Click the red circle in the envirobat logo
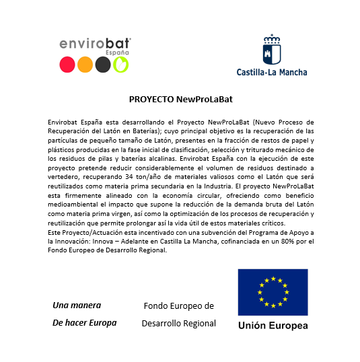pyautogui.click(x=67, y=65)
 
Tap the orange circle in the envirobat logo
pyautogui.click(x=85, y=65)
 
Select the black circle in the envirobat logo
pyautogui.click(x=102, y=65)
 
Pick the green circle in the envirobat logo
pyautogui.click(x=120, y=65)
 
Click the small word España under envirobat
pyautogui.click(x=117, y=52)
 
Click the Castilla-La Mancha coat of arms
pyautogui.click(x=272, y=49)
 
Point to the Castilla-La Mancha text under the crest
pyautogui.click(x=272, y=71)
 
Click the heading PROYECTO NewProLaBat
pyautogui.click(x=180, y=98)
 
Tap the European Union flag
pyautogui.click(x=273, y=292)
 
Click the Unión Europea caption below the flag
pyautogui.click(x=273, y=326)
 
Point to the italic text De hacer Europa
pyautogui.click(x=84, y=322)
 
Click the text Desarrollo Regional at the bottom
pyautogui.click(x=179, y=323)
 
